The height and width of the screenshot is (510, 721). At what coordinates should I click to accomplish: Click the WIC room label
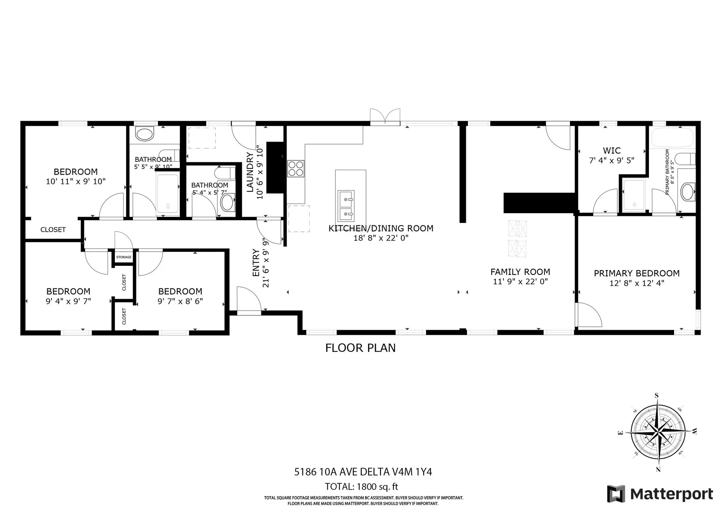click(x=612, y=151)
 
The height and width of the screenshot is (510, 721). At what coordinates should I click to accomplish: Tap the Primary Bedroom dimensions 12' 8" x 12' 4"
click(x=637, y=283)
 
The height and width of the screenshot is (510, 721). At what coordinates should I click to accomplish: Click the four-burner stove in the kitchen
click(x=296, y=168)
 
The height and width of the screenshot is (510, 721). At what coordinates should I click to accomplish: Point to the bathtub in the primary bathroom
click(x=672, y=138)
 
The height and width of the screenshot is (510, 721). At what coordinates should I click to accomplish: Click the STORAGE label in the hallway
click(x=124, y=257)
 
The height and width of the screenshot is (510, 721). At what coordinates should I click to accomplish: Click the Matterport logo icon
click(x=616, y=493)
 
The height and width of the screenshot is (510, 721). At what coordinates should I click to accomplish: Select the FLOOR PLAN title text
click(x=360, y=348)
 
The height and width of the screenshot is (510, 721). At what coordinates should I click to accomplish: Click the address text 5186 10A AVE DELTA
click(x=363, y=472)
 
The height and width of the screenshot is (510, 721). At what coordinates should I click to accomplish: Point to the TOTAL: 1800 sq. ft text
click(x=361, y=487)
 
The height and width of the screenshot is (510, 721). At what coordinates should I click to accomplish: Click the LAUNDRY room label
click(x=250, y=172)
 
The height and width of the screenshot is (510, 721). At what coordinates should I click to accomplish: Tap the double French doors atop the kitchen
click(x=385, y=116)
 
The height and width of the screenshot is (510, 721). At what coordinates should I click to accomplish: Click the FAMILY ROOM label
click(x=520, y=272)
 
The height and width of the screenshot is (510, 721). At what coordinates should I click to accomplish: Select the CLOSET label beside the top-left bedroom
click(x=53, y=229)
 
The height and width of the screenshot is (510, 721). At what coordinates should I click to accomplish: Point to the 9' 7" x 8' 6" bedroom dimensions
click(x=180, y=301)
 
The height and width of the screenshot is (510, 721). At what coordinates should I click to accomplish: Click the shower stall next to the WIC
click(x=634, y=195)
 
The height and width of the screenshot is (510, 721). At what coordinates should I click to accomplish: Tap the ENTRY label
click(x=256, y=263)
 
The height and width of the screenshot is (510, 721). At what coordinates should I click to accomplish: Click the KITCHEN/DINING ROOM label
click(x=381, y=228)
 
